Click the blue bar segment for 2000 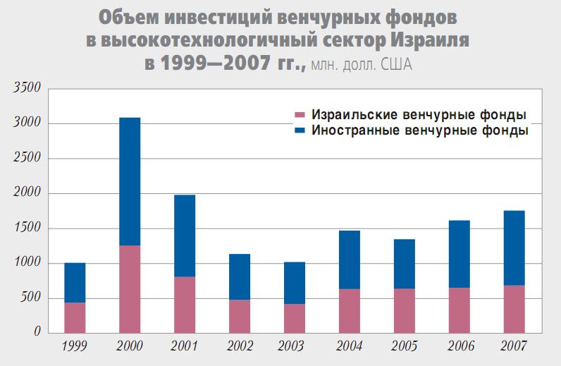pyautogui.click(x=130, y=181)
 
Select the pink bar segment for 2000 pyautogui.click(x=130, y=288)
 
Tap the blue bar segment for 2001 pyautogui.click(x=185, y=236)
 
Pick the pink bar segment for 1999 pyautogui.click(x=75, y=317)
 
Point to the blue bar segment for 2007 pyautogui.click(x=514, y=248)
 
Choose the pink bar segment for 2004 pyautogui.click(x=350, y=310)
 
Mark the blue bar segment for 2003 pyautogui.click(x=295, y=283)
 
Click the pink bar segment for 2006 pyautogui.click(x=460, y=310)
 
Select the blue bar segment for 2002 pyautogui.click(x=240, y=276)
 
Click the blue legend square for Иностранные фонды pyautogui.click(x=300, y=130)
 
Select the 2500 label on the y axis pyautogui.click(x=28, y=159)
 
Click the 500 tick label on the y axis pyautogui.click(x=31, y=298)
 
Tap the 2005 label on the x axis pyautogui.click(x=404, y=346)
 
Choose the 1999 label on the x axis pyautogui.click(x=74, y=346)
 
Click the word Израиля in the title pyautogui.click(x=430, y=40)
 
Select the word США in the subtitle pyautogui.click(x=395, y=66)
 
